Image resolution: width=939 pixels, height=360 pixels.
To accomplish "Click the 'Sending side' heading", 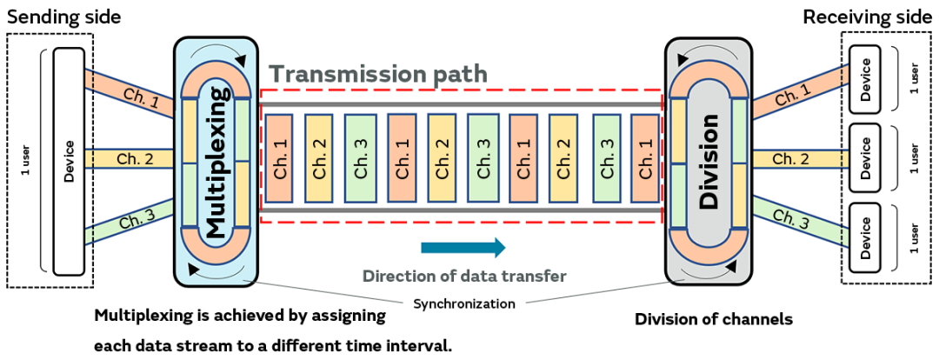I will click(64, 17).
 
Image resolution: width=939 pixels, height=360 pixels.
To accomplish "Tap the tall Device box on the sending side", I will click(70, 161).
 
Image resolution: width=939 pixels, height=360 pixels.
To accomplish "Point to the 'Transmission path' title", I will click(377, 75).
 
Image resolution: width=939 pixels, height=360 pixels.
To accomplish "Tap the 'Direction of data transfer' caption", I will click(464, 277).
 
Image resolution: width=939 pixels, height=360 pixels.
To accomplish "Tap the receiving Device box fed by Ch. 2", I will click(864, 158).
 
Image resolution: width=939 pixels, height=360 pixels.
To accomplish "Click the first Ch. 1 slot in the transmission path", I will click(280, 158).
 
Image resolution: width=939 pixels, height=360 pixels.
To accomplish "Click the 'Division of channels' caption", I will click(714, 319).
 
